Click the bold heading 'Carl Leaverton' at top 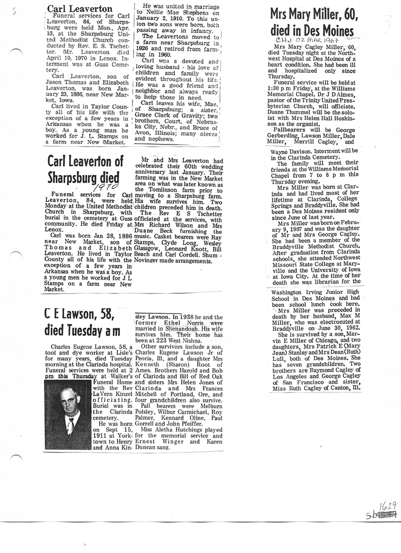(80, 9)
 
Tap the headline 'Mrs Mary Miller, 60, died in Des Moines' (312, 21)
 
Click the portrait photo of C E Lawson (68, 415)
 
